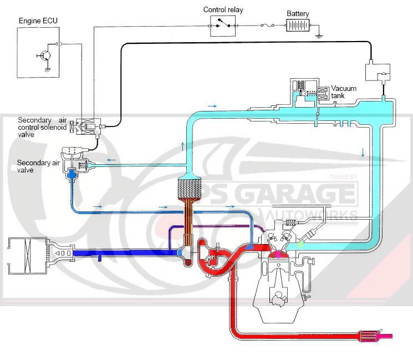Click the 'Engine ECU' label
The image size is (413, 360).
38,21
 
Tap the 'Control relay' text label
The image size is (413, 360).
223,9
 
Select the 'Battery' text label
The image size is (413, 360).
298,13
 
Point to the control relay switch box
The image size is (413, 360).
223,25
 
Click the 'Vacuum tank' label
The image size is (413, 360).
344,92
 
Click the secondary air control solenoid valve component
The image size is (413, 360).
87,127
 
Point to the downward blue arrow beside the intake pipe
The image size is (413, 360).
363,152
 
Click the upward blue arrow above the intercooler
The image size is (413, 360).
183,146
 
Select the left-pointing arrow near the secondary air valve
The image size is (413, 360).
111,160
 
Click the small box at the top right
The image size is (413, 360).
376,72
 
